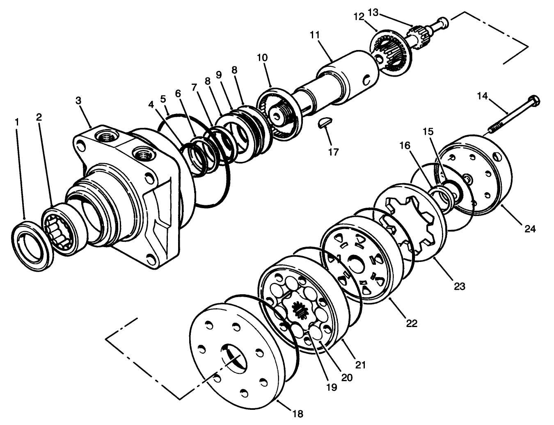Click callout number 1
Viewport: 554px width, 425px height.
tap(17, 122)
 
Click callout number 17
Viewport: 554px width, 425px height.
tap(333, 152)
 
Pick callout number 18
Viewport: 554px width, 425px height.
tap(298, 414)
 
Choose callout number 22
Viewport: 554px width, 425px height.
tap(412, 323)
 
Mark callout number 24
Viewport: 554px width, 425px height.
tap(530, 229)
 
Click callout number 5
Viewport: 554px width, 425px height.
tap(163, 99)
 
